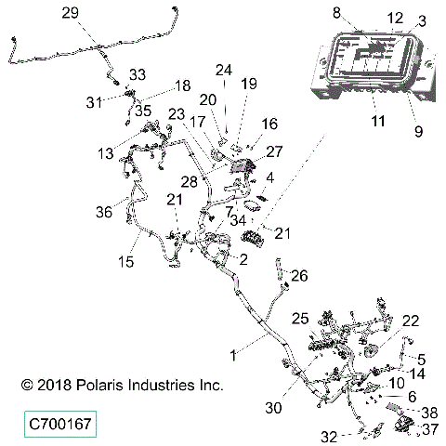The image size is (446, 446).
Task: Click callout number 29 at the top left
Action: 96,12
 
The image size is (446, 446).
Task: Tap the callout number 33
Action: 138,73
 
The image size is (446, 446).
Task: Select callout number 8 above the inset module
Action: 337,13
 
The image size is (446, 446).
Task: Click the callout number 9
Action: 417,130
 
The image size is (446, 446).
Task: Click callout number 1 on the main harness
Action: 233,354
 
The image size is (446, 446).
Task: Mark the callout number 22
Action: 410,321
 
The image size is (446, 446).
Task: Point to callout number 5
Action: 421,358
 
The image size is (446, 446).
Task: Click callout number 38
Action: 430,412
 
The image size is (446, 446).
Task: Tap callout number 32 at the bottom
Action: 328,436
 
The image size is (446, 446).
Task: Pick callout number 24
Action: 223,70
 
